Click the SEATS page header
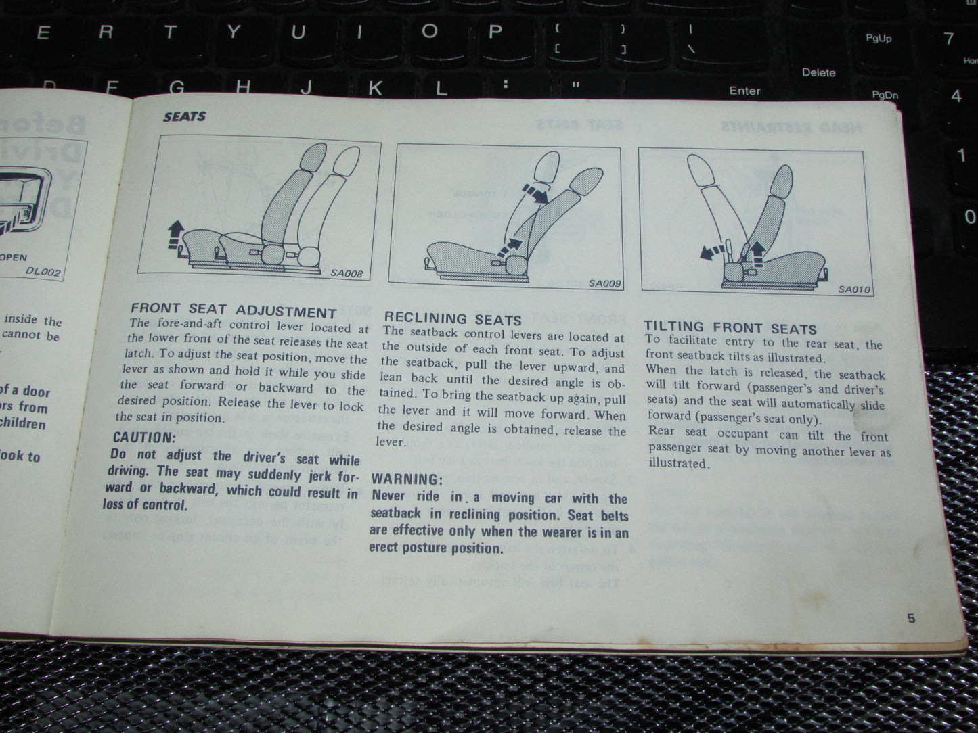[x=184, y=116]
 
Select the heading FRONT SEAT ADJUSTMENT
[x=234, y=311]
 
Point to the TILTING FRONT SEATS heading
[x=730, y=329]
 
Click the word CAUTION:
[x=144, y=438]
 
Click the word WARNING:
[x=406, y=479]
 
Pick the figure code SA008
[x=346, y=274]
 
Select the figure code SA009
[x=604, y=283]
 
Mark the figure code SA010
[x=854, y=289]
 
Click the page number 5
[x=911, y=618]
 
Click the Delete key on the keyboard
[x=818, y=72]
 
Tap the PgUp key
[x=878, y=39]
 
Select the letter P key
[x=495, y=32]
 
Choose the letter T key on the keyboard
[x=169, y=32]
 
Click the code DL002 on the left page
[x=43, y=271]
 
